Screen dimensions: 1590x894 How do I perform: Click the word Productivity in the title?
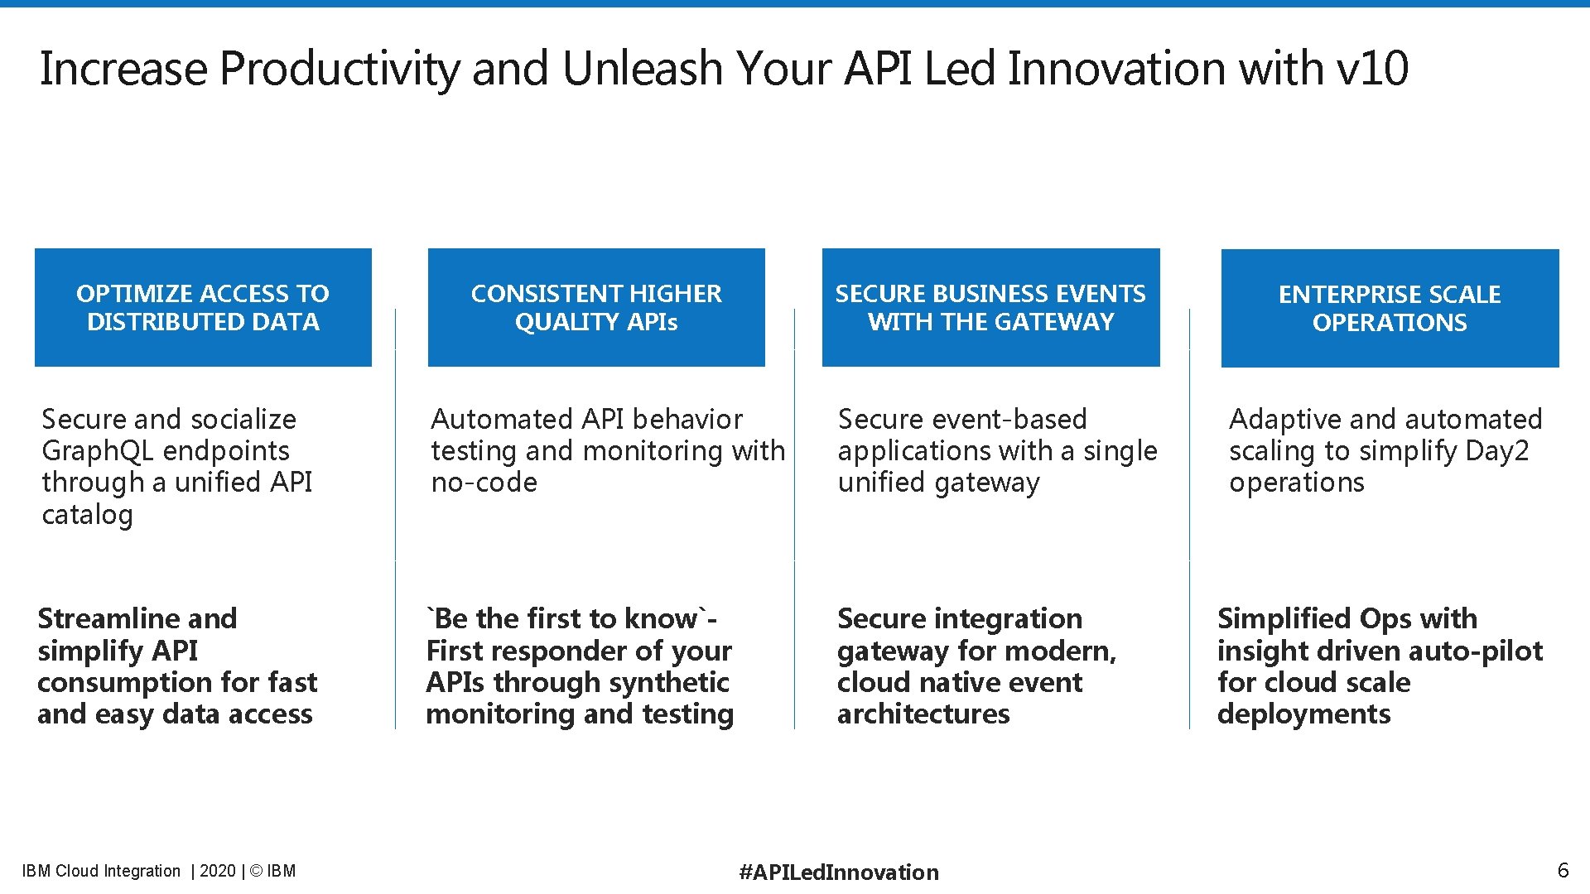(x=340, y=69)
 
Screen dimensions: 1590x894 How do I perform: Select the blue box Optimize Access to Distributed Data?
(x=203, y=307)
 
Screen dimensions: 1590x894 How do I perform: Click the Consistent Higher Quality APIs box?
(x=596, y=307)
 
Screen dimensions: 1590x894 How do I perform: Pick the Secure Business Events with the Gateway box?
(x=990, y=307)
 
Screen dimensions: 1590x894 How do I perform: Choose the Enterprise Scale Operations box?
(x=1390, y=308)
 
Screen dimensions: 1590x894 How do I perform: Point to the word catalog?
(x=87, y=515)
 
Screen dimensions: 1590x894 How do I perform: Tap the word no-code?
(x=484, y=483)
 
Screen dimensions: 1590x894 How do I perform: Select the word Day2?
(x=1496, y=451)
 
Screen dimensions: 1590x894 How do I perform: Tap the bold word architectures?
(x=923, y=714)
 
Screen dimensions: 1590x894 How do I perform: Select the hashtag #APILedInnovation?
(x=839, y=872)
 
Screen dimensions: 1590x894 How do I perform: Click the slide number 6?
(x=1563, y=870)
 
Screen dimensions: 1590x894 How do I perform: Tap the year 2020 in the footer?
(x=218, y=871)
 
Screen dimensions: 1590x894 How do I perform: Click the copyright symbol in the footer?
(x=256, y=871)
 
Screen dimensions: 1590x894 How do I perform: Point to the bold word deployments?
(x=1303, y=714)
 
